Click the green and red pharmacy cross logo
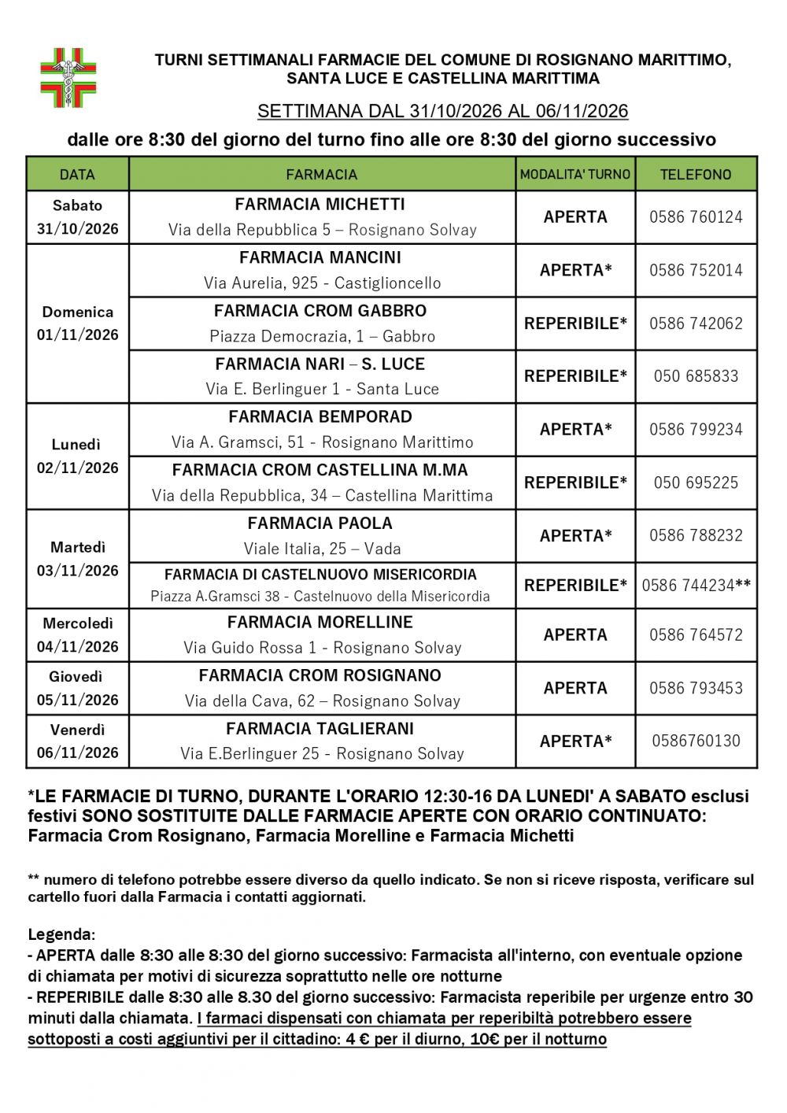68,78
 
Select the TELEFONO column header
696,174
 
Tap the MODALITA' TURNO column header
575,174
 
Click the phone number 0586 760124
696,216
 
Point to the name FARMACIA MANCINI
320,257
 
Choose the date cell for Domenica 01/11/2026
77,324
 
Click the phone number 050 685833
696,376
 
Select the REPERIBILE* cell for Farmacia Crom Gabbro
575,323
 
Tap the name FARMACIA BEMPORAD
320,416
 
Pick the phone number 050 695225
696,483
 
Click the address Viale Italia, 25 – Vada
322,549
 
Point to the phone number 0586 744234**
696,585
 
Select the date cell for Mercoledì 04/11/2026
77,634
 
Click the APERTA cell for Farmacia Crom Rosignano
575,688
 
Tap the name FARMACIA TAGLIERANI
320,729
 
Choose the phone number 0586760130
696,741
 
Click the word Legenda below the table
61,934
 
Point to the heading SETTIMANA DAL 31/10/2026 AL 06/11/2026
442,111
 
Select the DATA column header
77,174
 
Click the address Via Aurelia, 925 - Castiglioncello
322,283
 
